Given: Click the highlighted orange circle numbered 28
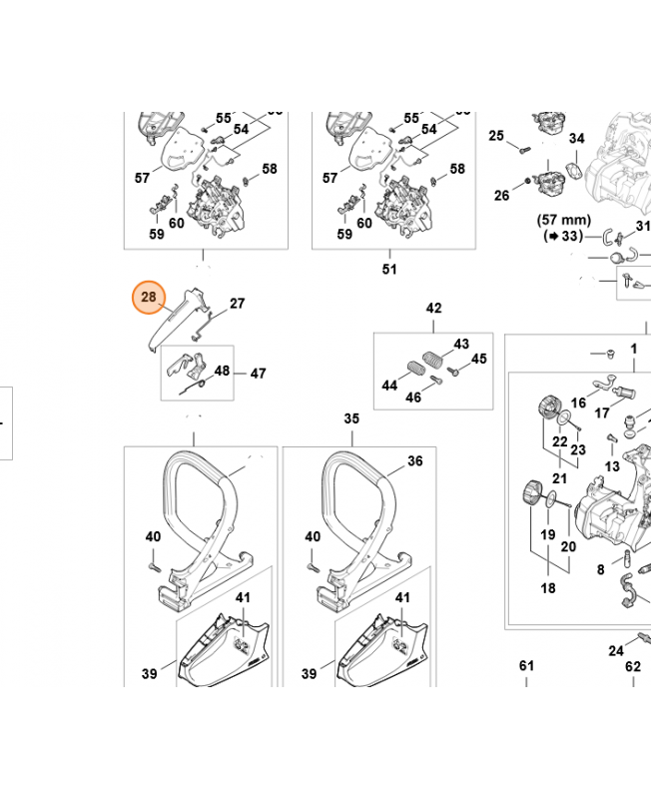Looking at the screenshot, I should pyautogui.click(x=149, y=298).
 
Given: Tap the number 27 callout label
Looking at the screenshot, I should pyautogui.click(x=237, y=304).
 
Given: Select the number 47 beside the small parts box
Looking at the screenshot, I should pyautogui.click(x=258, y=374).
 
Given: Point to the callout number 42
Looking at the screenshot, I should pyautogui.click(x=433, y=309).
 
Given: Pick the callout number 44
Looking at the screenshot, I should pyautogui.click(x=389, y=386).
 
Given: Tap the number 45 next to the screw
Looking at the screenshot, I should pyautogui.click(x=479, y=360).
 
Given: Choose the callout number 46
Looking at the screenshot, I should pyautogui.click(x=412, y=398).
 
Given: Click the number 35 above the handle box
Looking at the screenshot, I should pyautogui.click(x=351, y=418).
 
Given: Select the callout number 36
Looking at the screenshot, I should pyautogui.click(x=414, y=461).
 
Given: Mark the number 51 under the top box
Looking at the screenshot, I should pyautogui.click(x=389, y=269).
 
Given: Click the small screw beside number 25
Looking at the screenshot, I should pyautogui.click(x=522, y=149).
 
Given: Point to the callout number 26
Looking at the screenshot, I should pyautogui.click(x=501, y=195).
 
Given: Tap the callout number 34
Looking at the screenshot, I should pyautogui.click(x=576, y=139).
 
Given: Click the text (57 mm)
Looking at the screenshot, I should pyautogui.click(x=565, y=220).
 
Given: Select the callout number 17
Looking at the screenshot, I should pyautogui.click(x=602, y=411).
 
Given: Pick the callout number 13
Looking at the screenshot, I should pyautogui.click(x=611, y=466).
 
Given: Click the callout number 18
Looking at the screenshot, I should pyautogui.click(x=548, y=588).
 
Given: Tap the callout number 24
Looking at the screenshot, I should pyautogui.click(x=616, y=652).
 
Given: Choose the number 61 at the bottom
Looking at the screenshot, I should pyautogui.click(x=526, y=666).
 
